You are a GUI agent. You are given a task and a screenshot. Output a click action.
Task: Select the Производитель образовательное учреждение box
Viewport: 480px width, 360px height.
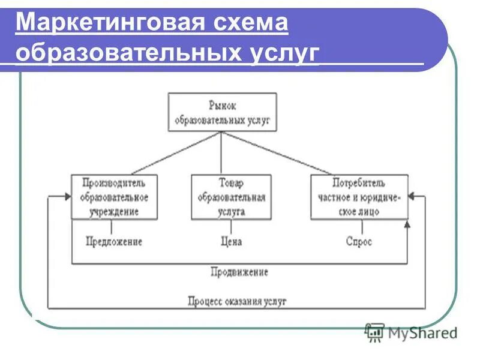114,197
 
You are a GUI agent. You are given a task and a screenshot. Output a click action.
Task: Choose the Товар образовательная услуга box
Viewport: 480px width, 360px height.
231,197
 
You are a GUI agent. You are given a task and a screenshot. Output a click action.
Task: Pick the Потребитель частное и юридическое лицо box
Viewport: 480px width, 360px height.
359,197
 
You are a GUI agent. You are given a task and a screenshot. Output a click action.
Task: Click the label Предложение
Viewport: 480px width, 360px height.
114,242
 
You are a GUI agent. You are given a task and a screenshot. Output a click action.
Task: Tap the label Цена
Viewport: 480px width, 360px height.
230,242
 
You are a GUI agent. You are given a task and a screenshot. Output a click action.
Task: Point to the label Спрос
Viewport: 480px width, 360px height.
359,242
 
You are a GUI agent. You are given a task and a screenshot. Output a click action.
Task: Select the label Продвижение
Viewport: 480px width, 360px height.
239,272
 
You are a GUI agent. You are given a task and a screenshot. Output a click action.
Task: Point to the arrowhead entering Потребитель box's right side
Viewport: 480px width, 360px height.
412,196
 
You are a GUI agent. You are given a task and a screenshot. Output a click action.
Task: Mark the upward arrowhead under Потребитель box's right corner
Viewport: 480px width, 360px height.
408,223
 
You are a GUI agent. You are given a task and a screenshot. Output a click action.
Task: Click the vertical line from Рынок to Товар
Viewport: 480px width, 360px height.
221,153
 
